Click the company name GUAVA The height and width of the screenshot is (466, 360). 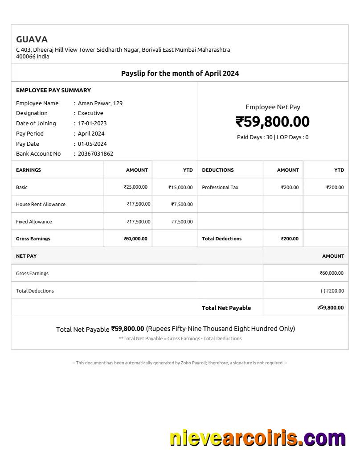(x=32, y=39)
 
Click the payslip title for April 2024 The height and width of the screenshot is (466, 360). (x=180, y=73)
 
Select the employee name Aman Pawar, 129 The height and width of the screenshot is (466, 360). (x=100, y=103)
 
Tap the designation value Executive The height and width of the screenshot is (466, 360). (x=90, y=113)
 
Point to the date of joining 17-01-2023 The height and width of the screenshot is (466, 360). (x=92, y=124)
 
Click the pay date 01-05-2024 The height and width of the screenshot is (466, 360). (x=92, y=144)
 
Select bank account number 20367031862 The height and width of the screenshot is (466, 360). (x=95, y=154)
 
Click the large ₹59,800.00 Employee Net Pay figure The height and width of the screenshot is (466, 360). (x=272, y=122)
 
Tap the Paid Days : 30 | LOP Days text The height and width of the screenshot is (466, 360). (x=272, y=137)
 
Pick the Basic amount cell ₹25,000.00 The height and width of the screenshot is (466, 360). (x=135, y=187)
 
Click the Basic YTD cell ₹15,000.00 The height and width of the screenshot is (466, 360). (x=180, y=187)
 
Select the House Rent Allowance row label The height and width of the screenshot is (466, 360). (x=41, y=204)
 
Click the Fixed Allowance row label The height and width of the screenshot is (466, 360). (x=34, y=222)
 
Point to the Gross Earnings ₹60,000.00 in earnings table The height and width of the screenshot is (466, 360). (x=135, y=239)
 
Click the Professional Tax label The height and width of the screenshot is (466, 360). (x=220, y=187)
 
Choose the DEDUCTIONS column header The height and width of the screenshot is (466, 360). (x=218, y=170)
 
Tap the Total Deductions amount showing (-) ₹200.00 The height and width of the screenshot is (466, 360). (x=332, y=291)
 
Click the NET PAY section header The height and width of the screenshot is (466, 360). (x=26, y=256)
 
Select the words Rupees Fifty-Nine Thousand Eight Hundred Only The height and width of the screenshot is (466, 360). (x=221, y=329)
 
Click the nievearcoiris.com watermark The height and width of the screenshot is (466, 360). (x=258, y=438)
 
